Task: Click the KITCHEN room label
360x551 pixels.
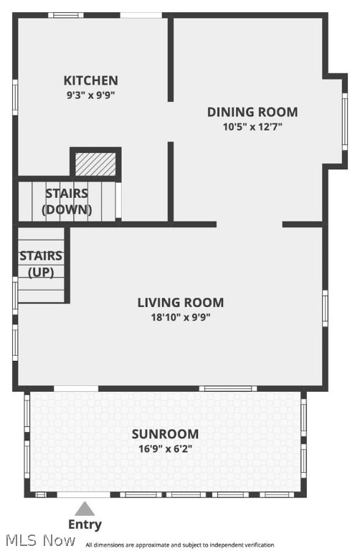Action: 90,80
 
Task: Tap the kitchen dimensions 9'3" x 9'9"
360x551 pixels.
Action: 90,93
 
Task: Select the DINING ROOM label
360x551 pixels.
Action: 252,112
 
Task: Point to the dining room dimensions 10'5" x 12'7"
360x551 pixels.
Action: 252,127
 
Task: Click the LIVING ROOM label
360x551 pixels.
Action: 181,302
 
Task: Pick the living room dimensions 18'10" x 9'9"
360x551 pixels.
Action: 181,316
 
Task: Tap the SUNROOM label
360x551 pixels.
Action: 165,434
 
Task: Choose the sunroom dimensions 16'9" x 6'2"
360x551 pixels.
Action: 165,449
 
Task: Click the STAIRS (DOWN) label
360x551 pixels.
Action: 67,202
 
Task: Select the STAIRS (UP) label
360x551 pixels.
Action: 40,263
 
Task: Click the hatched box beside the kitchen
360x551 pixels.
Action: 95,164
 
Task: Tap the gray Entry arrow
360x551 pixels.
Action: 85,509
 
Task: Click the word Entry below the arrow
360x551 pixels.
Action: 85,524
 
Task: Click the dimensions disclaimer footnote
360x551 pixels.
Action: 179,545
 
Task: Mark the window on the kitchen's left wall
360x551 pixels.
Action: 15,97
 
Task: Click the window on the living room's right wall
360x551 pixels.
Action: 325,307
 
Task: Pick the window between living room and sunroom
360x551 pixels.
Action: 227,389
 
